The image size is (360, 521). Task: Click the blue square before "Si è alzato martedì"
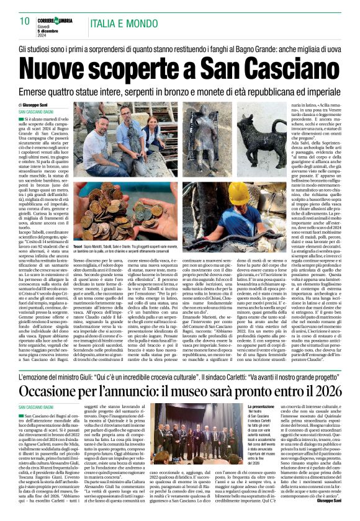pos(21,117)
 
